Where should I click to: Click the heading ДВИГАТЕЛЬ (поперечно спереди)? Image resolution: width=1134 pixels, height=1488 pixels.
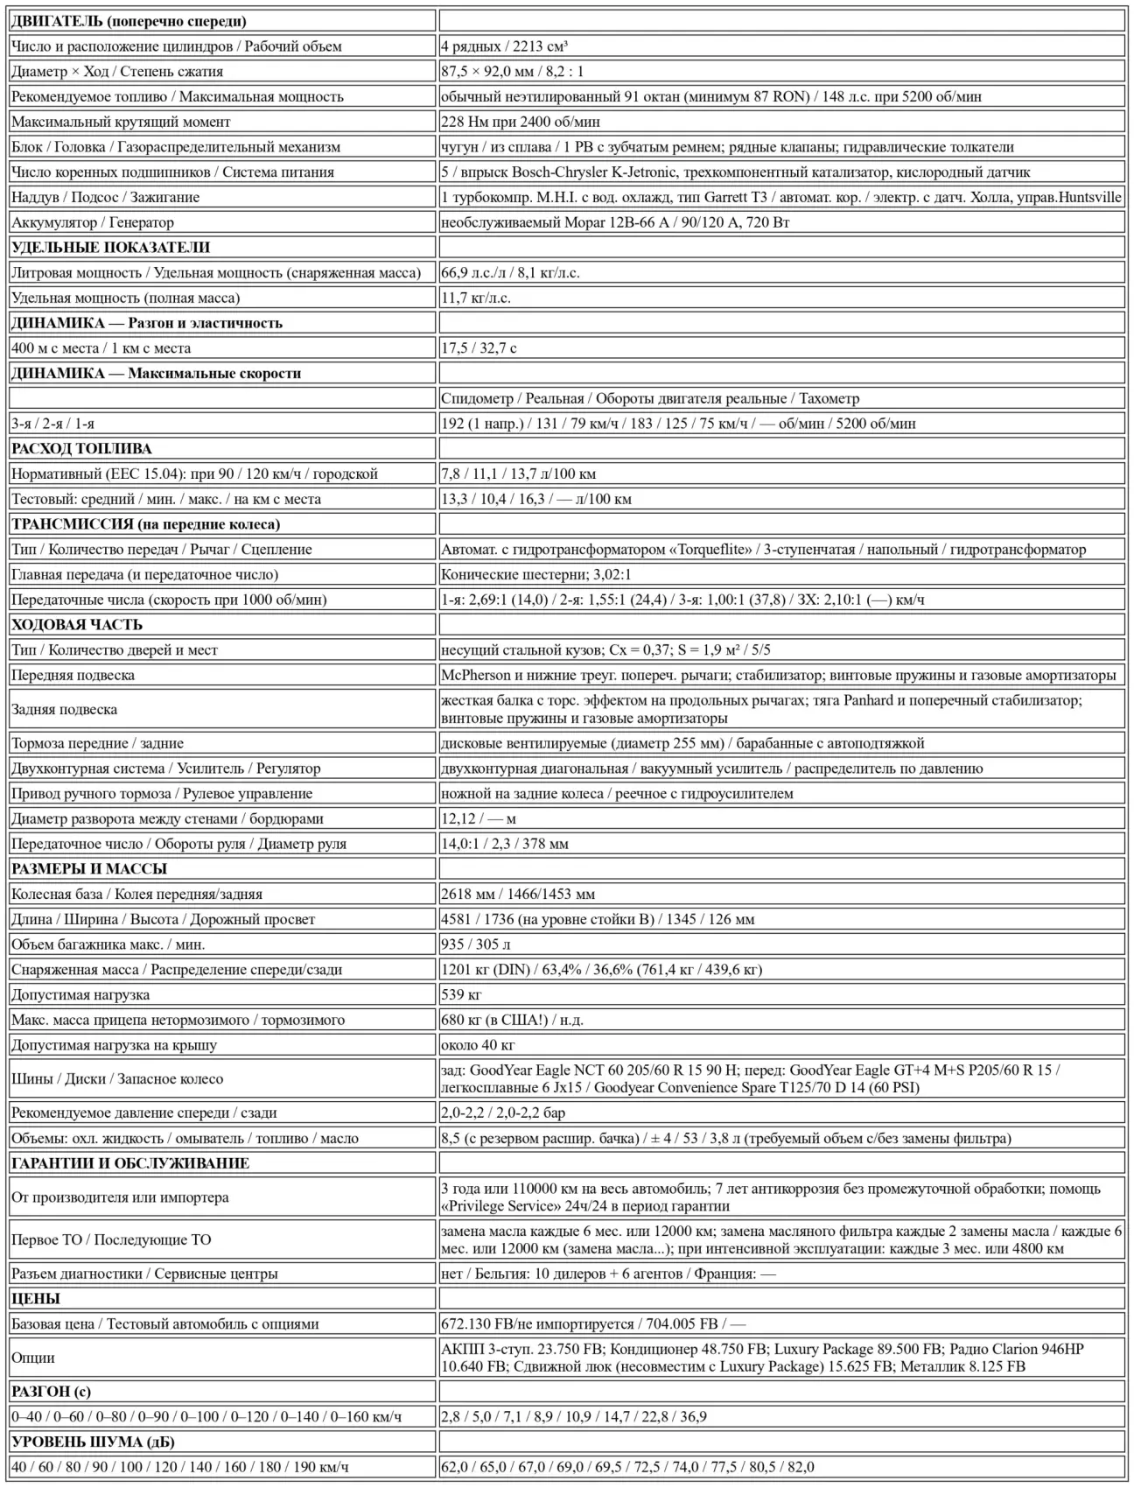[129, 21]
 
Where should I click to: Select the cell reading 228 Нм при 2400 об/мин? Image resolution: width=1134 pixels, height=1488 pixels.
[521, 122]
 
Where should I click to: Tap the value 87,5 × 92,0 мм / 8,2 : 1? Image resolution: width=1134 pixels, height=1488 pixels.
[512, 72]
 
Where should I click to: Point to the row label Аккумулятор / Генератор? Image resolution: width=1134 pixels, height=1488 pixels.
[93, 222]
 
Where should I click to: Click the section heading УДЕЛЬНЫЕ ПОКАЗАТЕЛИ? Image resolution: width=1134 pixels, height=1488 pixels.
[110, 248]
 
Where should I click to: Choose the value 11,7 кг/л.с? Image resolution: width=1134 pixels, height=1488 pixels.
[476, 298]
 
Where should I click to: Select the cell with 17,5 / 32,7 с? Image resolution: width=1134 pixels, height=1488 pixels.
[479, 347]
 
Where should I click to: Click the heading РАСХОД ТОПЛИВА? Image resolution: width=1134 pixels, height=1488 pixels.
[81, 448]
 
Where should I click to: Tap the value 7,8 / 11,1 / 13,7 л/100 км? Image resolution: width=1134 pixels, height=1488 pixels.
[518, 474]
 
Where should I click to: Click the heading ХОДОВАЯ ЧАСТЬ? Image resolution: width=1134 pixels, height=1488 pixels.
[77, 624]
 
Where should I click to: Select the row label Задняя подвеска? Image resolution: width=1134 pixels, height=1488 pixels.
[64, 709]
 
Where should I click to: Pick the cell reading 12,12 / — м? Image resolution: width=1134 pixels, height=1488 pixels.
[479, 818]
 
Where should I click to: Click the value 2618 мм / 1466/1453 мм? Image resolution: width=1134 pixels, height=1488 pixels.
[518, 894]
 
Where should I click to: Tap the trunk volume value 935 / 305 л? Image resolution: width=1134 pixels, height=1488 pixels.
[476, 944]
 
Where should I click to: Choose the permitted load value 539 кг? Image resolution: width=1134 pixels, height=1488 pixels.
[462, 994]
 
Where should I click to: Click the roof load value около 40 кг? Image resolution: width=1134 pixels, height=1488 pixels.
[478, 1045]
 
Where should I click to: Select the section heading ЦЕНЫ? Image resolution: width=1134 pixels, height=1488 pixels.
[36, 1298]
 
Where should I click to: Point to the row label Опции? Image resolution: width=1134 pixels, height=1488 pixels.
[33, 1358]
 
